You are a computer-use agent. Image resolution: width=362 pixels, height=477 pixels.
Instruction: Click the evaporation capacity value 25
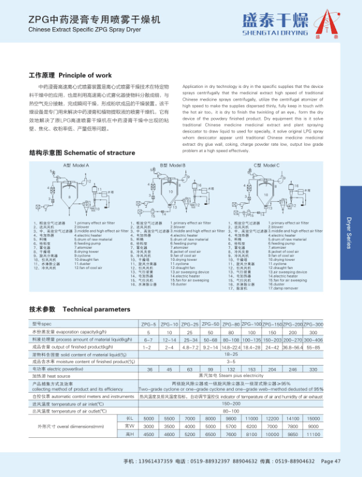click(x=190, y=332)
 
